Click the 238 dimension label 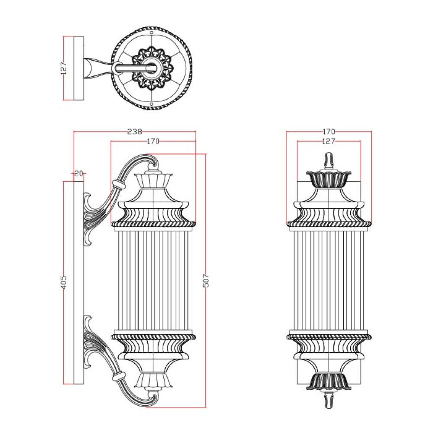(135, 132)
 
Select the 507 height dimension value (206, 280)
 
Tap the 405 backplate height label (64, 282)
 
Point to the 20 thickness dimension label (79, 174)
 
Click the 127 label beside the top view (64, 68)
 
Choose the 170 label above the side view (153, 142)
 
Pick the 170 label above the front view (329, 132)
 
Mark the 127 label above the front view (329, 142)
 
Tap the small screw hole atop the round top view (152, 32)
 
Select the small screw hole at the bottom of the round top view (152, 104)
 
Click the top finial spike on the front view (329, 160)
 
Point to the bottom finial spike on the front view (329, 400)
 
